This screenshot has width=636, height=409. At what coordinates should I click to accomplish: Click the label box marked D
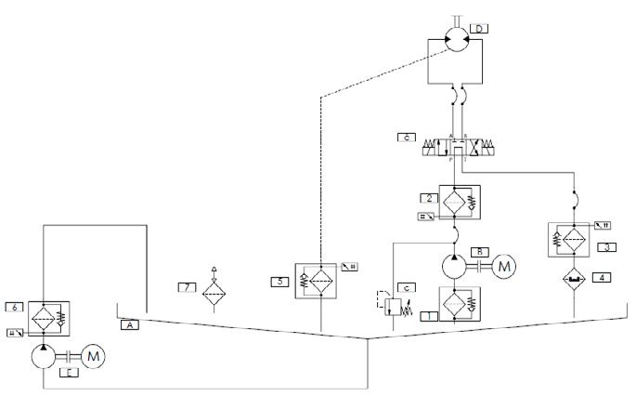[478, 30]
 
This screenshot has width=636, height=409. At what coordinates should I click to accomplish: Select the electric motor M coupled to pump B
[505, 267]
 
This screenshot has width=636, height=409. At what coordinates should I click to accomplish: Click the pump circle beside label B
[455, 267]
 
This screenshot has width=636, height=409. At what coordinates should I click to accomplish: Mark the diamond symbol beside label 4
[577, 277]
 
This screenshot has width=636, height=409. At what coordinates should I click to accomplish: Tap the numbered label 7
[186, 286]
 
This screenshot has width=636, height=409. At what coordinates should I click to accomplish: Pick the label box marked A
[131, 325]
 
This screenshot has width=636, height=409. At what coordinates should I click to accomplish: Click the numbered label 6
[13, 306]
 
